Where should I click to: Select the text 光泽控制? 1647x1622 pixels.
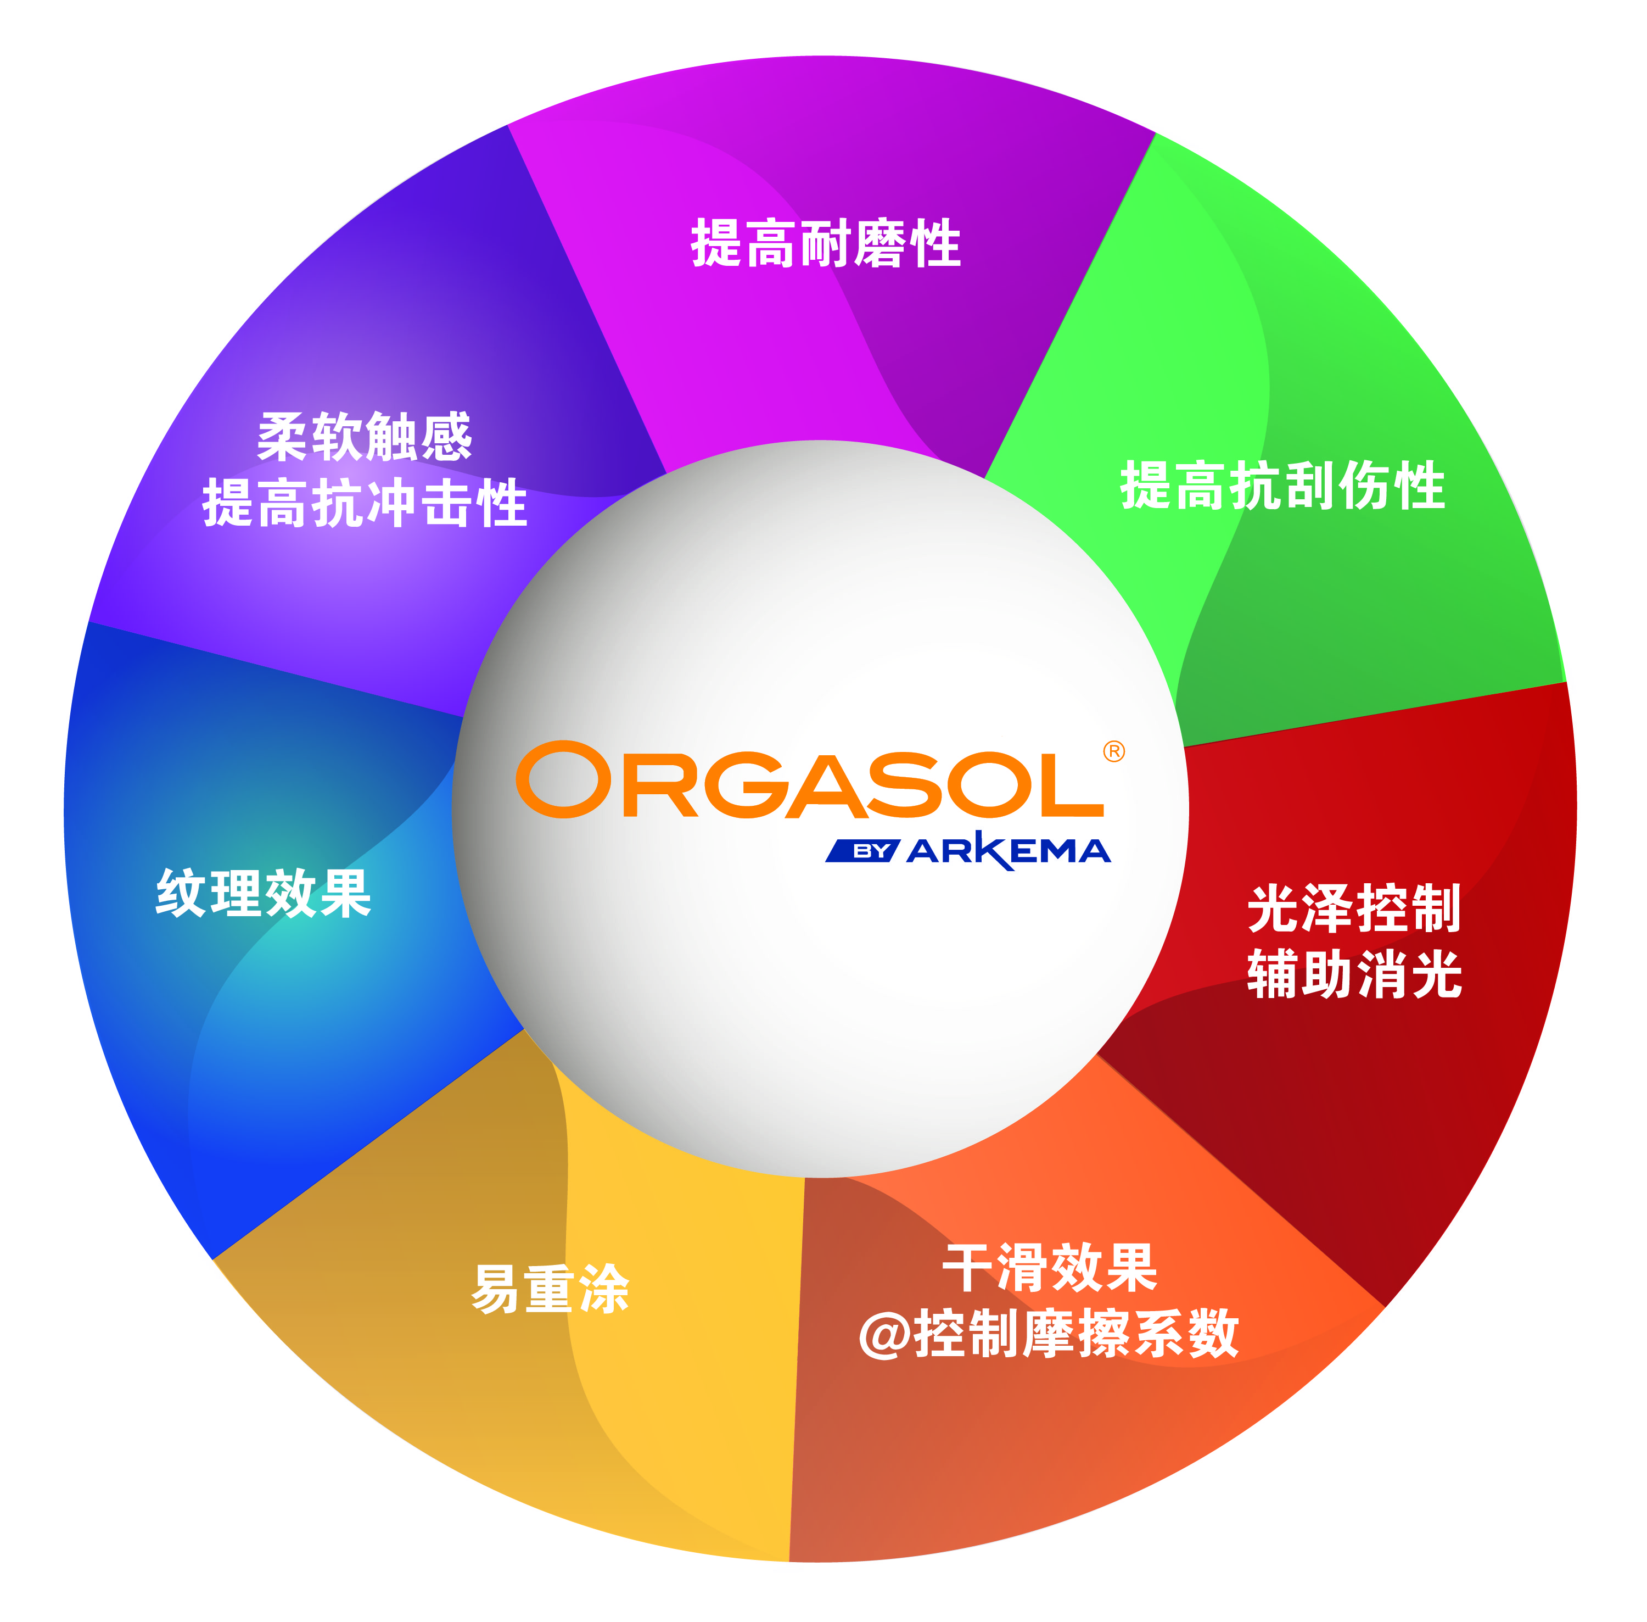click(1354, 909)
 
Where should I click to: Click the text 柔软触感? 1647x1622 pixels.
click(365, 438)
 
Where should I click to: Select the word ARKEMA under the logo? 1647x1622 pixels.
click(1009, 850)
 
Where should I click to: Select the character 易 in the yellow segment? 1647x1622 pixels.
click(496, 1290)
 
